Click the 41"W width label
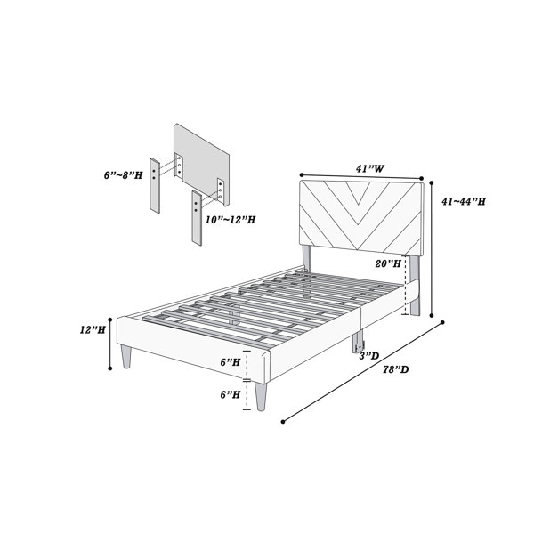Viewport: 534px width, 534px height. [x=370, y=168]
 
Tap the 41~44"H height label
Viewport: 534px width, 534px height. [x=464, y=202]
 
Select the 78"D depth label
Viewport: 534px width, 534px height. [x=395, y=369]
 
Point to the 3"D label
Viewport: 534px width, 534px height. [x=369, y=356]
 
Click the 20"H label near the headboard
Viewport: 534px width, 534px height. [x=388, y=263]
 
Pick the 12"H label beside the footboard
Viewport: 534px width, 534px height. [x=93, y=329]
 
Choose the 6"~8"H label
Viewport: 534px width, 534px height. [x=124, y=175]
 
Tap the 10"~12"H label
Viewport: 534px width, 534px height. [x=231, y=220]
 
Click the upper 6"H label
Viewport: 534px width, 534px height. [x=231, y=362]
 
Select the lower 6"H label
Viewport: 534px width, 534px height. [x=231, y=394]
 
